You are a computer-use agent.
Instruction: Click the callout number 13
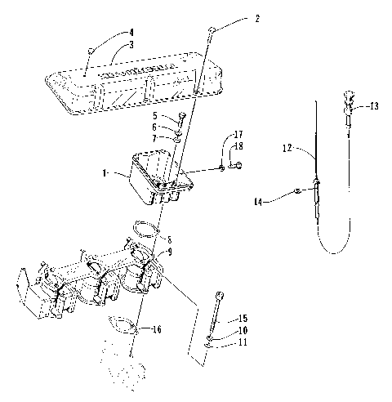373,106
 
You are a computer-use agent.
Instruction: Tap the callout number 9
170,252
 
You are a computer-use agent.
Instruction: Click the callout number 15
243,319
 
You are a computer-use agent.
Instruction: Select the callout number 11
243,342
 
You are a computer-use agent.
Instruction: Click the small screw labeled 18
234,167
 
